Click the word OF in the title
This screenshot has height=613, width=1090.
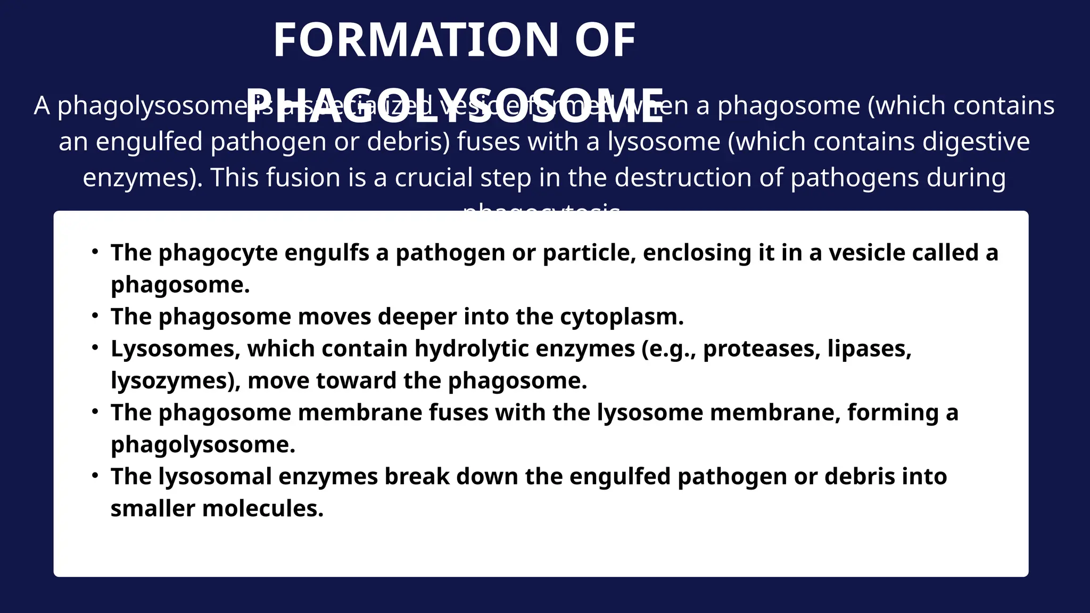tap(605, 40)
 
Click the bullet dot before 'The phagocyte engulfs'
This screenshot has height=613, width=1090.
tap(95, 251)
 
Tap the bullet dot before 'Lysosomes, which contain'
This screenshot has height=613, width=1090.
tap(95, 347)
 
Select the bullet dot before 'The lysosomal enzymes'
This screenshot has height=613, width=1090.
tap(95, 475)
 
